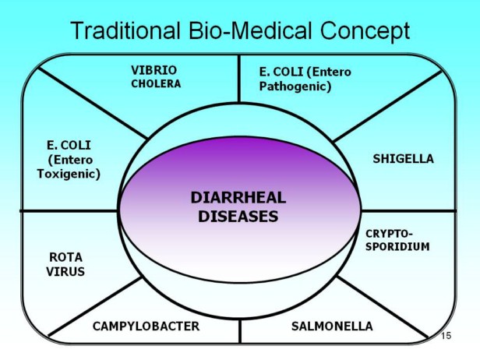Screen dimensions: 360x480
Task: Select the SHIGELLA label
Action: coord(403,159)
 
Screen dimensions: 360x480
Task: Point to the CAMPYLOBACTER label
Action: coord(146,326)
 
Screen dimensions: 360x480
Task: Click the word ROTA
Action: coord(65,256)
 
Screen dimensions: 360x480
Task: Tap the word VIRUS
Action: coord(65,271)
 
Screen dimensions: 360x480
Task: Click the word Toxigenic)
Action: coord(69,174)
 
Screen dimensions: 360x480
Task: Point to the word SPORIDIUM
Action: coord(397,245)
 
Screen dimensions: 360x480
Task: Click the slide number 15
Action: coord(446,335)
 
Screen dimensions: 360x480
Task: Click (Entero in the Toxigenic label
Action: coord(69,160)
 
